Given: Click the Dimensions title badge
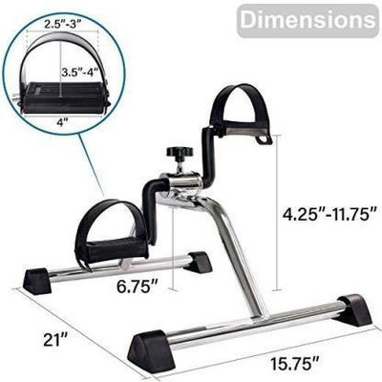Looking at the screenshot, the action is pos(308,20).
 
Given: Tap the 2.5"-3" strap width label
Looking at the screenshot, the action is pos(62,24).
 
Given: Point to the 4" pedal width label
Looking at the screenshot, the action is pos(60,123).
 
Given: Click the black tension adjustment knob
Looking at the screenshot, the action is pos(179,156).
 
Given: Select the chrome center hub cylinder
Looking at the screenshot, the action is pos(180,186).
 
